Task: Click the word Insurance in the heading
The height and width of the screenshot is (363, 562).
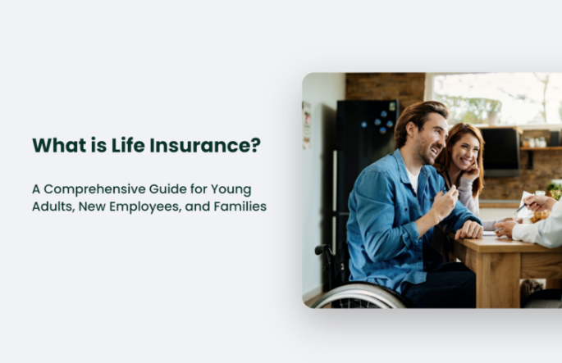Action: click(200, 145)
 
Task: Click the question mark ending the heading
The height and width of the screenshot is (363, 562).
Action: click(255, 145)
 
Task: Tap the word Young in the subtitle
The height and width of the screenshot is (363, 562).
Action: click(231, 190)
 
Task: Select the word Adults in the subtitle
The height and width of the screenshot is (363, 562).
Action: click(53, 206)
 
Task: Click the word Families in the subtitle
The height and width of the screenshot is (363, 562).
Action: click(240, 206)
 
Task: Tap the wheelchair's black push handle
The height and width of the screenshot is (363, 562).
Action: click(322, 249)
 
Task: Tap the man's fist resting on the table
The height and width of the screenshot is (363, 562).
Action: click(468, 229)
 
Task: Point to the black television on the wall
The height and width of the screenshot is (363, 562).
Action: click(500, 152)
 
